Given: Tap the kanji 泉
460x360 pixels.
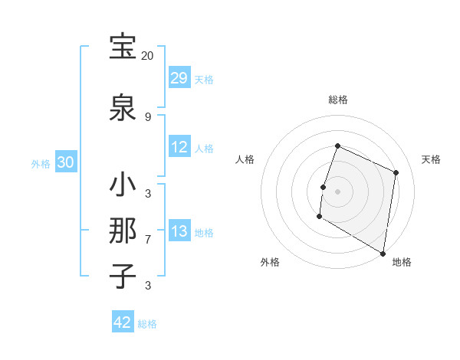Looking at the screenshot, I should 123,107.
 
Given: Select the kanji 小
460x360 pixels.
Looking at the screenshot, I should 123,185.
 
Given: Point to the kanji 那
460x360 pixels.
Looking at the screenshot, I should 123,231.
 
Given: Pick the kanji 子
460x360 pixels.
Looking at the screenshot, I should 123,276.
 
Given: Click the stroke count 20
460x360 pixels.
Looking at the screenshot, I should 147,56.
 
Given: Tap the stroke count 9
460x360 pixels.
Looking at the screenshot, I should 147,116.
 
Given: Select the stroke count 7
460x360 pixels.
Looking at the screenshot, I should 147,240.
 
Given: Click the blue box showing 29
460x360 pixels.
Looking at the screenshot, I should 179,78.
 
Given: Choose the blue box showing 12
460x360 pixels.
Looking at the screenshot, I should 179,147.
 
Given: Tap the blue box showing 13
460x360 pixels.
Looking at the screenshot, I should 179,231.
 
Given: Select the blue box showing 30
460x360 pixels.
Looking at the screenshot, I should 66,162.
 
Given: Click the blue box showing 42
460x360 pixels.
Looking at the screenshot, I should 123,322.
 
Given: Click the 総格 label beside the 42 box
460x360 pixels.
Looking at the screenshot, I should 147,324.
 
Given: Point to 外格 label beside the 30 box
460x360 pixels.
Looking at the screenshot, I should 41,163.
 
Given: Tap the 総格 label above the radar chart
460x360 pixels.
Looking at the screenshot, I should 337,100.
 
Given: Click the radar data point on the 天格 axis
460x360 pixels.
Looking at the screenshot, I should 396,172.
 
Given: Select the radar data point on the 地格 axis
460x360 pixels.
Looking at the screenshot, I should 383,253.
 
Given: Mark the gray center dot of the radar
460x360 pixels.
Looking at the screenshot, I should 337,191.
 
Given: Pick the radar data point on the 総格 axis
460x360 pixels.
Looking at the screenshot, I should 337,146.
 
